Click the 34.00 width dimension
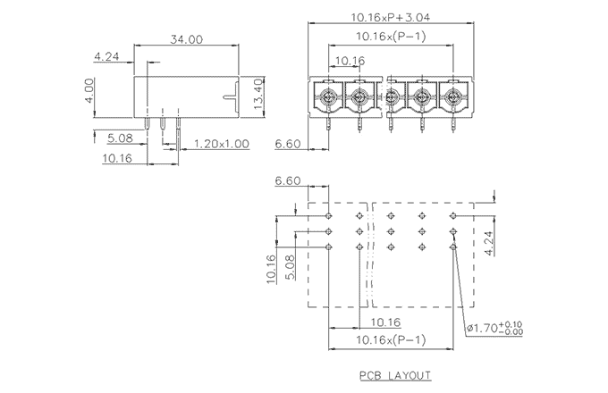coord(186,39)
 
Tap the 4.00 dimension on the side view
coord(90,90)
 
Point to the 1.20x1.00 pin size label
coord(221,143)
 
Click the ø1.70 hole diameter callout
coord(494,329)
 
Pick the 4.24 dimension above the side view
coord(106,57)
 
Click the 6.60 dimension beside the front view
coord(286,143)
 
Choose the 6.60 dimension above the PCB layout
coord(288,181)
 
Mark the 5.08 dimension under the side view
coord(120,138)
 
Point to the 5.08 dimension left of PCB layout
coord(291,265)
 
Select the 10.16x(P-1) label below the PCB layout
coord(390,340)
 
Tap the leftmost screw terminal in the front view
coord(328,96)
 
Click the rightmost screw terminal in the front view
coord(452,96)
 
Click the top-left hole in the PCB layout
coord(329,216)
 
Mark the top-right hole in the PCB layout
coord(452,216)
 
